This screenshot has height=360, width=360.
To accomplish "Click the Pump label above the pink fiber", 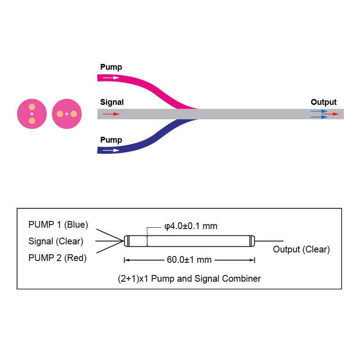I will click(x=111, y=67).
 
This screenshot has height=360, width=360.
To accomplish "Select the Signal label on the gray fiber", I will click(x=112, y=102).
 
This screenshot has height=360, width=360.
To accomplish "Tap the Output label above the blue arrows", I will click(x=324, y=102).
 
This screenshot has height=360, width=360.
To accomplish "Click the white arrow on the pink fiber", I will click(x=111, y=77).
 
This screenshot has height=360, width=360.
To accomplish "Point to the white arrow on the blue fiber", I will click(x=111, y=150).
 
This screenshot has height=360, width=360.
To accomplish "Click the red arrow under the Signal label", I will click(x=111, y=114).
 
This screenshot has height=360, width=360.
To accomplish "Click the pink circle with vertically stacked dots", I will click(x=31, y=114).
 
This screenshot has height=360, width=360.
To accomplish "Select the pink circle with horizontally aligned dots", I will click(x=67, y=114).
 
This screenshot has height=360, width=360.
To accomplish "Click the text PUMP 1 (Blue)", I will click(x=58, y=225).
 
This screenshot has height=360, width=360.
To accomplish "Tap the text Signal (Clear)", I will click(x=56, y=241).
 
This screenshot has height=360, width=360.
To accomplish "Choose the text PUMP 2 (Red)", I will click(x=58, y=258).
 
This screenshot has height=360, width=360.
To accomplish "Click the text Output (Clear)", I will click(x=301, y=249).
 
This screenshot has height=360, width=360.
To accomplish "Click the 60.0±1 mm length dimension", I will click(x=189, y=260).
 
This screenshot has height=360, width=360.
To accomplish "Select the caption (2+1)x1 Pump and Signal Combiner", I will click(x=189, y=279).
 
